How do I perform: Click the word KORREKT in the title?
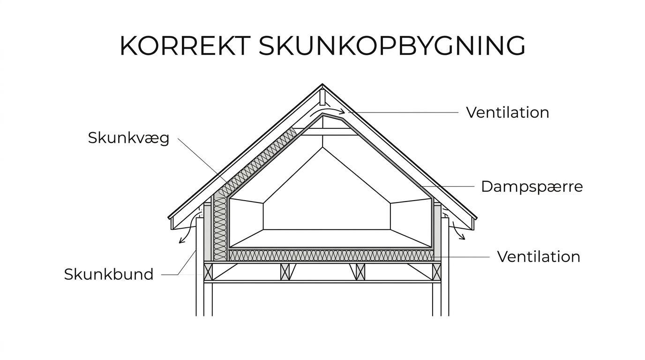point(185,46)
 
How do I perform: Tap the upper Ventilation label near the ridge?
point(508,112)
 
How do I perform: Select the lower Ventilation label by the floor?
point(539,256)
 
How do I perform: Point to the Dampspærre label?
point(532,187)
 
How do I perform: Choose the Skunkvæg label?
point(128,138)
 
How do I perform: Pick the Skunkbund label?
point(109,274)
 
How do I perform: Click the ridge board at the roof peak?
point(322,97)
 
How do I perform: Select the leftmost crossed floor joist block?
point(208,272)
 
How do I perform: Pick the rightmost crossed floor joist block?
point(436,272)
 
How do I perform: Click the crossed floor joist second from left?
point(285,272)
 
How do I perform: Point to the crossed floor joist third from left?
point(360,272)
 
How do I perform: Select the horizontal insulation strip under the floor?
point(331,255)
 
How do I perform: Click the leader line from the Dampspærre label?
point(449,187)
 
